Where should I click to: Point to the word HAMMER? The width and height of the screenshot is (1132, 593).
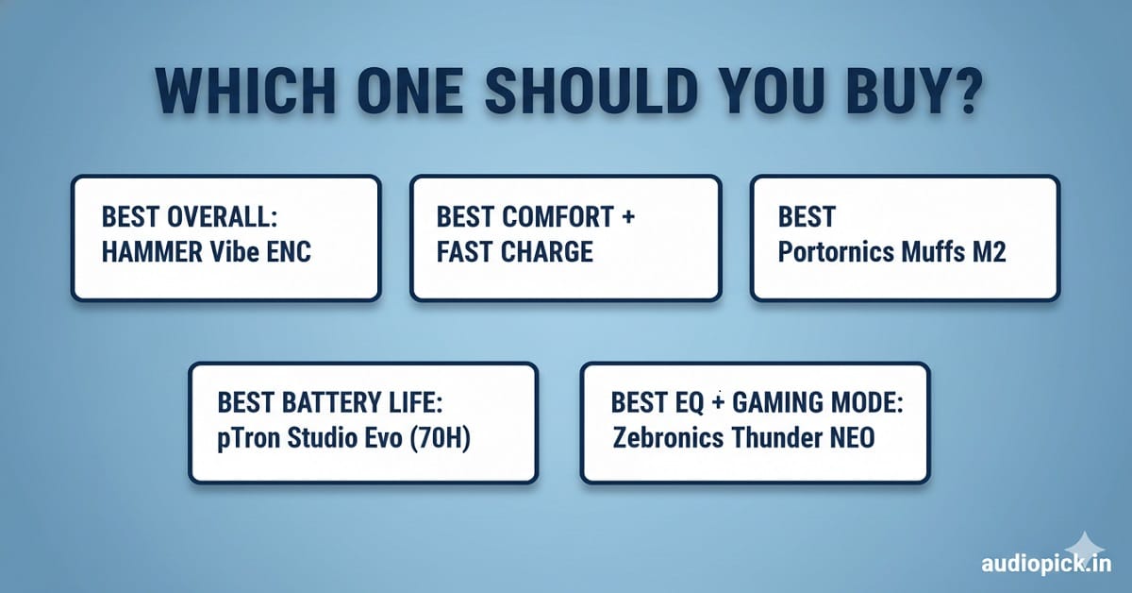point(152,252)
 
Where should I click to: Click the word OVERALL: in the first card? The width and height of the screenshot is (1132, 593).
point(223,216)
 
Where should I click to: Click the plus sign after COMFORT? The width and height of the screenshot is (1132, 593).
point(628,217)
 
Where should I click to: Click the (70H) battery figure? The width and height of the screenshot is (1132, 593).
point(440,438)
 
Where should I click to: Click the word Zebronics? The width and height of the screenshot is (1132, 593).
point(668,437)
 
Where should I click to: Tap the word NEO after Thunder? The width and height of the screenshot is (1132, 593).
point(852,437)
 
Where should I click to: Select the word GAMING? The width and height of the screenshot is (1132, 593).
point(772,403)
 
